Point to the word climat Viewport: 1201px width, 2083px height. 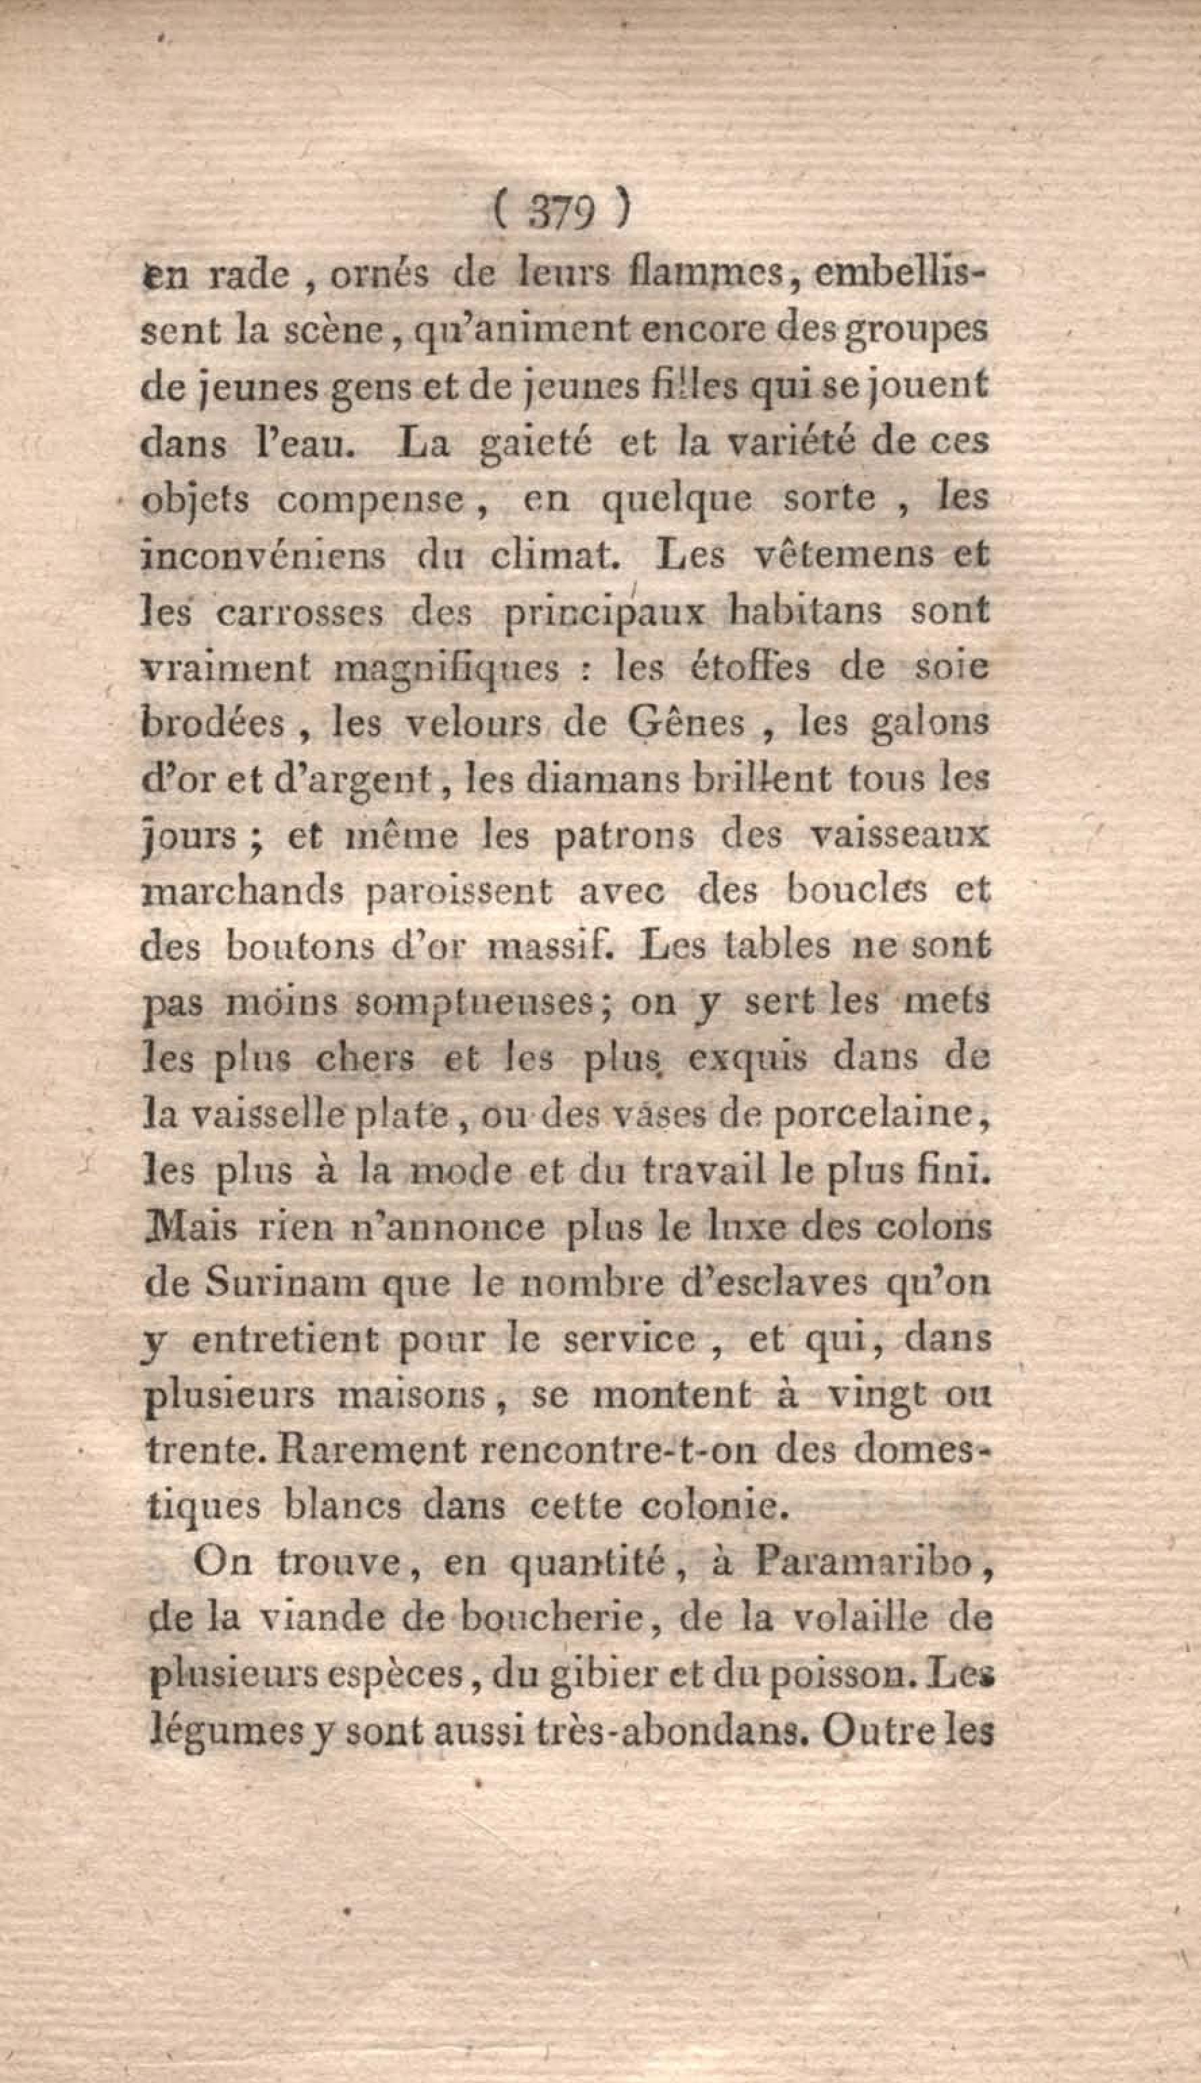[555, 555]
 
